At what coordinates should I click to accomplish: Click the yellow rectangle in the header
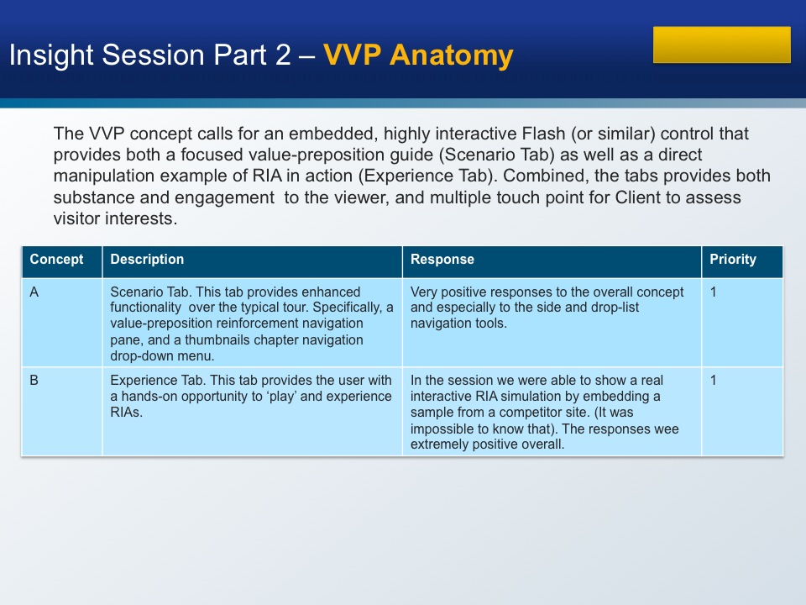click(722, 45)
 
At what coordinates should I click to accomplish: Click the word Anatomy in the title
click(452, 55)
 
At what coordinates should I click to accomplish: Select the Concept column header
click(56, 260)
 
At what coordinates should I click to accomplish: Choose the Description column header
click(147, 260)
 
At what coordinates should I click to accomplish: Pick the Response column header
click(442, 260)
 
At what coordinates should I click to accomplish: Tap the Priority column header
click(733, 260)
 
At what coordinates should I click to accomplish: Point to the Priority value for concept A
click(713, 292)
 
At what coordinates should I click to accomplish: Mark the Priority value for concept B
click(713, 381)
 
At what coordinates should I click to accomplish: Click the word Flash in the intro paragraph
click(543, 134)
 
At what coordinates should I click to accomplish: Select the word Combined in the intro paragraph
click(544, 176)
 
